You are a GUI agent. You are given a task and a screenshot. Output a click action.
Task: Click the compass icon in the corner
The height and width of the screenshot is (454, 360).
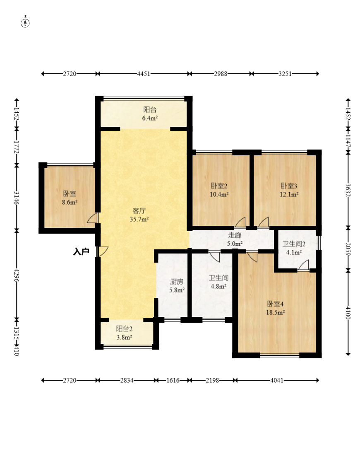(x=25, y=23)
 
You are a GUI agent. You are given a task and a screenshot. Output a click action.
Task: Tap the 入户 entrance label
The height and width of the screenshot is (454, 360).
(x=81, y=251)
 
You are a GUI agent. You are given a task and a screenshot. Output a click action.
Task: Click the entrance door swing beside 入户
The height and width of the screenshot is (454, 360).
(x=103, y=251)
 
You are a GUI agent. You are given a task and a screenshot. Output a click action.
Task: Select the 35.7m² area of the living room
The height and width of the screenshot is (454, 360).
(x=139, y=219)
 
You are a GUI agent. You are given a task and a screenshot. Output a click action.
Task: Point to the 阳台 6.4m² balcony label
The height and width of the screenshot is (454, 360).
(x=150, y=114)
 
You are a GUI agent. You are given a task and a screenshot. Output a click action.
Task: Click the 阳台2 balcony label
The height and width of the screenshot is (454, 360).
(x=124, y=329)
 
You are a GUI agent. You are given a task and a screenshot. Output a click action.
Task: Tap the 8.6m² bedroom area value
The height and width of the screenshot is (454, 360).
(x=70, y=203)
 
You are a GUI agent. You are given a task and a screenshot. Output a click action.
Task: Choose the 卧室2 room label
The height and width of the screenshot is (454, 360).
(x=219, y=186)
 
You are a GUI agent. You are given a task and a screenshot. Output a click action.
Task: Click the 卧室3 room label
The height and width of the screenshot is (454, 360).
(x=289, y=186)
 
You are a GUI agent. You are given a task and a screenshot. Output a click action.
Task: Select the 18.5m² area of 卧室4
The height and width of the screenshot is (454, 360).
(x=275, y=312)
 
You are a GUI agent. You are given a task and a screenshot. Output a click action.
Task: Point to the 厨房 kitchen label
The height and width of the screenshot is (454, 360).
(x=177, y=282)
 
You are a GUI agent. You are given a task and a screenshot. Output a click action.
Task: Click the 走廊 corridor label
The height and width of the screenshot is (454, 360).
(x=235, y=235)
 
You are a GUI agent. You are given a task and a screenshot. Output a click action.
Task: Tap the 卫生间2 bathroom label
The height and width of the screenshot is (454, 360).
(x=294, y=244)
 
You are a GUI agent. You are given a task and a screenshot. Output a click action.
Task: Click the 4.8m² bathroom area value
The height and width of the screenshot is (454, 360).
(x=218, y=286)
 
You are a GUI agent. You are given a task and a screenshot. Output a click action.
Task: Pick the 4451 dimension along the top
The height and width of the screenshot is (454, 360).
(x=144, y=74)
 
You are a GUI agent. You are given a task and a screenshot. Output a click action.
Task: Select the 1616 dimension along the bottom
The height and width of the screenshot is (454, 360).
(x=173, y=380)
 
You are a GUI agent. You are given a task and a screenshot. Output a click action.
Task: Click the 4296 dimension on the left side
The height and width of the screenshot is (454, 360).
(x=17, y=275)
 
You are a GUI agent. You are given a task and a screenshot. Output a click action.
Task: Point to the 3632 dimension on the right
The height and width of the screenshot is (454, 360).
(x=348, y=190)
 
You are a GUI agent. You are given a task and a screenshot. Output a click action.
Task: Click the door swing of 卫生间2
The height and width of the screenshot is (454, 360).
(x=303, y=266)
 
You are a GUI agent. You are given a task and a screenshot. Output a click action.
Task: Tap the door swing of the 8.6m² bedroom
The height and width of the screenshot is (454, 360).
(x=93, y=218)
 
